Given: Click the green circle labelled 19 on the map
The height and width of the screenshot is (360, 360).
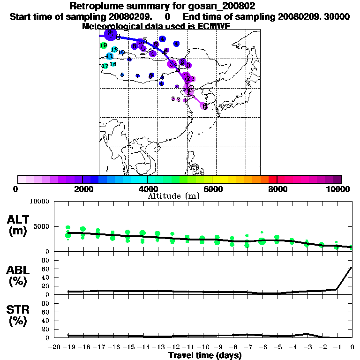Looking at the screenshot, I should click(104, 45).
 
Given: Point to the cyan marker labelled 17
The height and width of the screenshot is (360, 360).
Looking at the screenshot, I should click(105, 66).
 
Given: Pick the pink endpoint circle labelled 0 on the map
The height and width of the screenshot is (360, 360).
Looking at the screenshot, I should click(204, 106).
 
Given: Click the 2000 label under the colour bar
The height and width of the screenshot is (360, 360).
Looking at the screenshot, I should click(82, 189).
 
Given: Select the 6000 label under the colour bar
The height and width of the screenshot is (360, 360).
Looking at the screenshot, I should click(212, 189).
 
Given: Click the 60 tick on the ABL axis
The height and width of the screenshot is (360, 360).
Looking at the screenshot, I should click(46, 269).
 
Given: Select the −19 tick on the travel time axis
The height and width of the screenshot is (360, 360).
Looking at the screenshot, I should click(68, 347).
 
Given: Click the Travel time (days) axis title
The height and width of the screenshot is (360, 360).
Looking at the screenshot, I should click(205, 356).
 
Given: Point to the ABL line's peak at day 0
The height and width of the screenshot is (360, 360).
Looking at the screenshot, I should click(352, 268).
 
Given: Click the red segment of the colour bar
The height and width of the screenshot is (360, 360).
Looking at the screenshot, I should click(273, 179).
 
